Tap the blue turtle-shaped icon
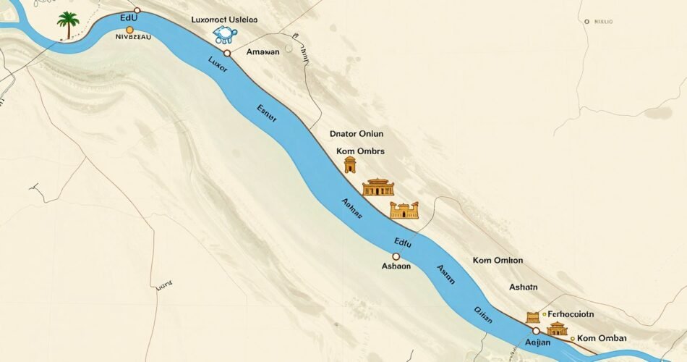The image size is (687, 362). (x=226, y=35)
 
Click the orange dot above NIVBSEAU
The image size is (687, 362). (x=129, y=30)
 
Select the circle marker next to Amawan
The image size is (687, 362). (x=227, y=53)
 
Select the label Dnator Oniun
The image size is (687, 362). (x=356, y=134)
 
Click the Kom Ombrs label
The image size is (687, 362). (x=360, y=151)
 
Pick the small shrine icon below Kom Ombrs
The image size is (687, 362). (x=350, y=165)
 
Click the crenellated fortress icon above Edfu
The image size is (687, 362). (x=404, y=211)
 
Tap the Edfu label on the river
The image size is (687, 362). (x=402, y=244)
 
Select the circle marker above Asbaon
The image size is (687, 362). (x=396, y=256)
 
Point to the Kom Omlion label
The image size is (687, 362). (x=498, y=261)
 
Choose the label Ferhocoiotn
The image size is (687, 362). (x=571, y=315)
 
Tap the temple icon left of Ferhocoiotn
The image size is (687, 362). (x=534, y=316)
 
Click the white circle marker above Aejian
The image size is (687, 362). (x=536, y=331)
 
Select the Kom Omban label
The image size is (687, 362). (x=602, y=338)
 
